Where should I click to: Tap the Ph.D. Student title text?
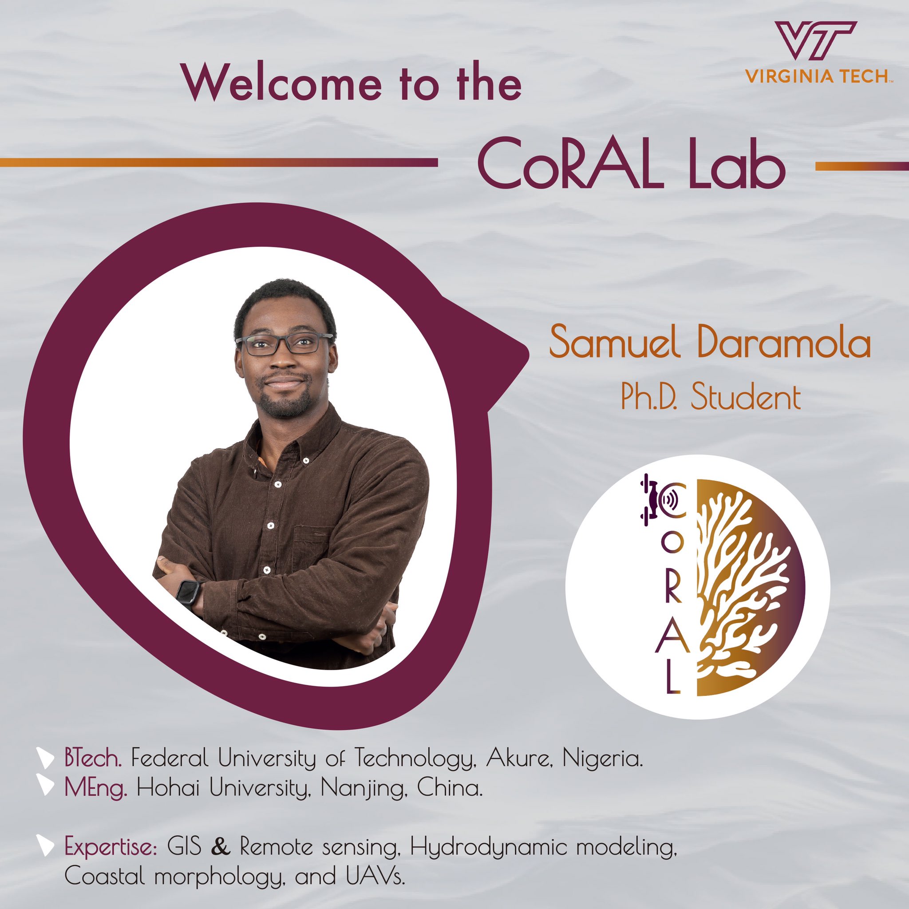pyautogui.click(x=711, y=398)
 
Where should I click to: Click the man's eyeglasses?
pyautogui.click(x=284, y=344)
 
